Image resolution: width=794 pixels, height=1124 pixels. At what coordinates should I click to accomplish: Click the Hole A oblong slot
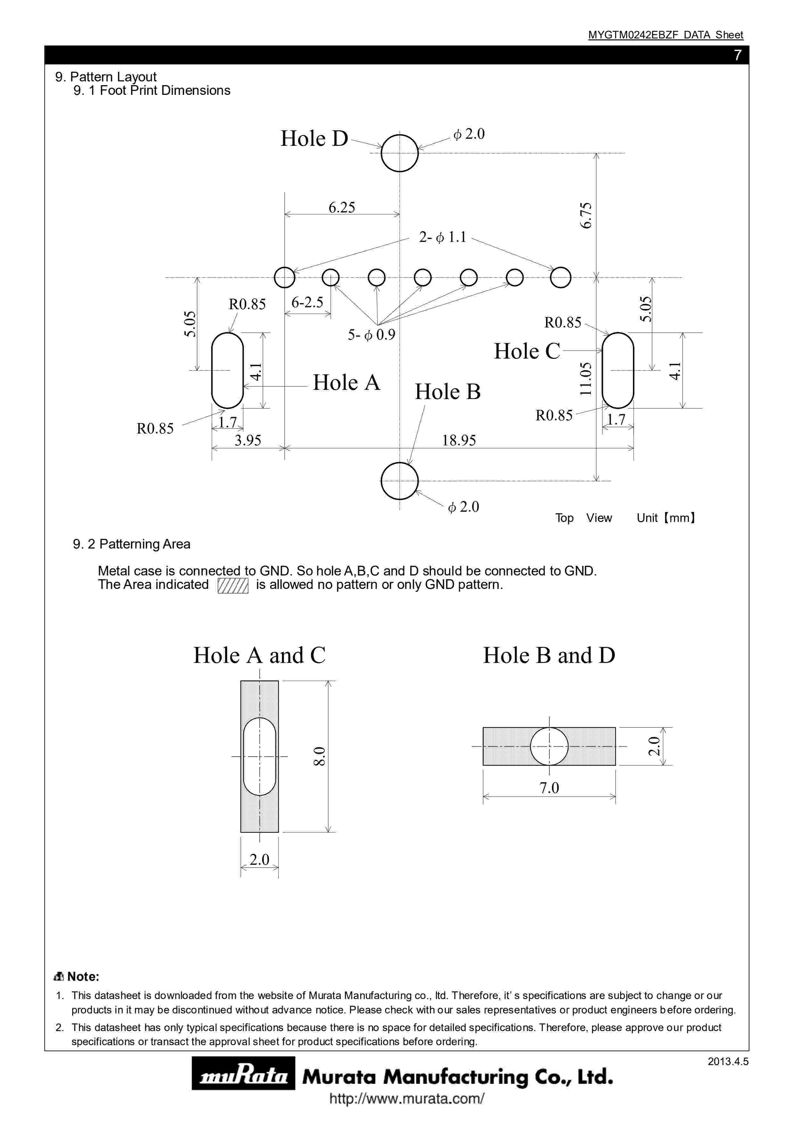227,371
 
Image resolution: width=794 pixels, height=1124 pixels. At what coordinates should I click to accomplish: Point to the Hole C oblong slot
618,371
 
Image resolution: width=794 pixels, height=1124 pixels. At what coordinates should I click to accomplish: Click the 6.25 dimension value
341,208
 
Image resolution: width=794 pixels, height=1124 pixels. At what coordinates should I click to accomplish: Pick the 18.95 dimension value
459,440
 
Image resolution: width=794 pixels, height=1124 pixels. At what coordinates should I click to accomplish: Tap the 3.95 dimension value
248,440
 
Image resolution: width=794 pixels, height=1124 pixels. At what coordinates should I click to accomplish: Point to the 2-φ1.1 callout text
442,237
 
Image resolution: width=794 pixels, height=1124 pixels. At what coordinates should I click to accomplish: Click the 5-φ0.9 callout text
371,335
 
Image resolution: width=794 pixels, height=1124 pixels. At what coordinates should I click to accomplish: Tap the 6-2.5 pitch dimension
307,302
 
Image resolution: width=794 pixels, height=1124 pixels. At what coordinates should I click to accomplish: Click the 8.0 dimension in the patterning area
319,756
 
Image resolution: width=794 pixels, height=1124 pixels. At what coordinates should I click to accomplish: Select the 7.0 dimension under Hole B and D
549,788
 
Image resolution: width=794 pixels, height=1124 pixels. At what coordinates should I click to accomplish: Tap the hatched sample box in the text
233,585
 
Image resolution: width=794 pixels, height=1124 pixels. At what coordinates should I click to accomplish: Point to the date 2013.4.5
727,1061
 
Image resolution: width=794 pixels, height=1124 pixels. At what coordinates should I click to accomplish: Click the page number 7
737,55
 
